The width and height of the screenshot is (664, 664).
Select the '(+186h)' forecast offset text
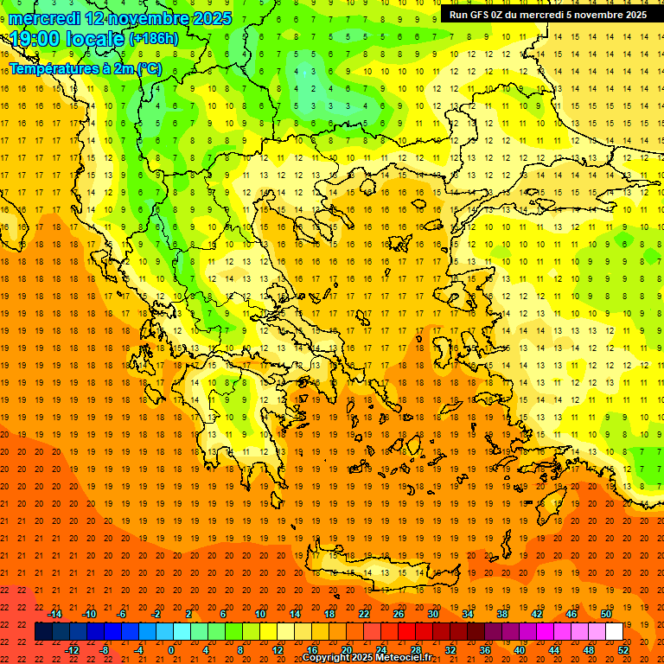coord(154,39)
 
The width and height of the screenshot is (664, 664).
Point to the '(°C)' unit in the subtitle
coord(149,68)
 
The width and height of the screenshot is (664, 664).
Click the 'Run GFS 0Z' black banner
coord(548,15)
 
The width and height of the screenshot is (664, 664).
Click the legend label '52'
coord(623,650)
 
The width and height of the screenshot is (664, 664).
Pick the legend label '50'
coord(606,614)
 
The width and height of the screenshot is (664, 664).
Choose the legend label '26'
coord(399,614)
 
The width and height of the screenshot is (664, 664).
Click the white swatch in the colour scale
coord(614,632)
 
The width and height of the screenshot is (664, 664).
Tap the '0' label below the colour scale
coord(171,650)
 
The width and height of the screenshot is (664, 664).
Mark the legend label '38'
coord(502,614)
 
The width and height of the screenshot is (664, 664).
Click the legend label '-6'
coord(122,614)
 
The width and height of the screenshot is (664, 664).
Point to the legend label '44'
coord(554,650)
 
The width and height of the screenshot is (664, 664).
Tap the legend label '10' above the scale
coord(260,614)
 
